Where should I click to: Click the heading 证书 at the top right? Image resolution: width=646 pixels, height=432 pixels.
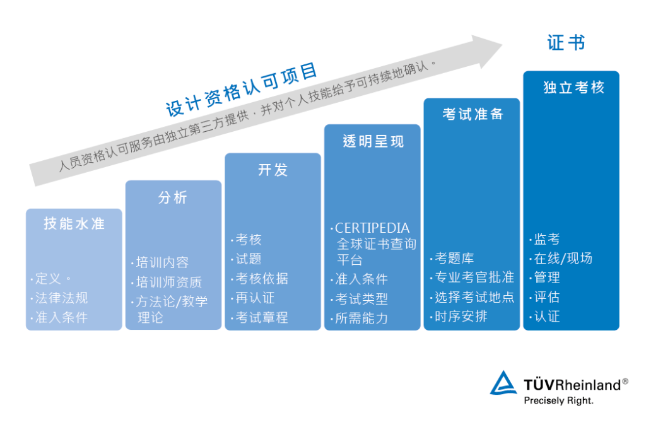(566, 42)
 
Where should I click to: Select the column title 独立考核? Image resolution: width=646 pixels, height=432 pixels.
(573, 87)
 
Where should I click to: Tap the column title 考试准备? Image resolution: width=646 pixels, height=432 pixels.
(473, 114)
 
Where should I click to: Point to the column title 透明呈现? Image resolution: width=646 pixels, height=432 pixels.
(373, 141)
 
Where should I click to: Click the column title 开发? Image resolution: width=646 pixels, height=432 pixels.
(273, 170)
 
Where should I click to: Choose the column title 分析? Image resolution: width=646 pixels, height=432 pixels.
(173, 197)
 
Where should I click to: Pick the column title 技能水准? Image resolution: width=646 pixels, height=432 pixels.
(74, 224)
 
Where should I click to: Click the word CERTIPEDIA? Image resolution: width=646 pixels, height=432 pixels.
(372, 228)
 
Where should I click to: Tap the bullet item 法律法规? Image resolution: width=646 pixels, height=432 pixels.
(61, 298)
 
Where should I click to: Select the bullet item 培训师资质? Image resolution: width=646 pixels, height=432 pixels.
(169, 282)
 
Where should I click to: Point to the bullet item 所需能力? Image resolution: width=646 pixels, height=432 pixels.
(361, 318)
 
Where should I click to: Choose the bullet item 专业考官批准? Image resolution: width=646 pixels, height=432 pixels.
(474, 277)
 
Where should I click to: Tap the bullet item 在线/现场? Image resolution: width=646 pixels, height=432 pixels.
(563, 258)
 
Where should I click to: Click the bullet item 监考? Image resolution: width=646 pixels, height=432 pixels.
(547, 239)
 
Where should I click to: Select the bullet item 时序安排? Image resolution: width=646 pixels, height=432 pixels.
(461, 317)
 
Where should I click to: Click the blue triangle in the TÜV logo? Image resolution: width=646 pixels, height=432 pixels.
(503, 383)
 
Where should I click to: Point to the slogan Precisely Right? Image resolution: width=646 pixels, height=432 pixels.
(559, 400)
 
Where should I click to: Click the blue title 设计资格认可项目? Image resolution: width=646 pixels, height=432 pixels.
(242, 90)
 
